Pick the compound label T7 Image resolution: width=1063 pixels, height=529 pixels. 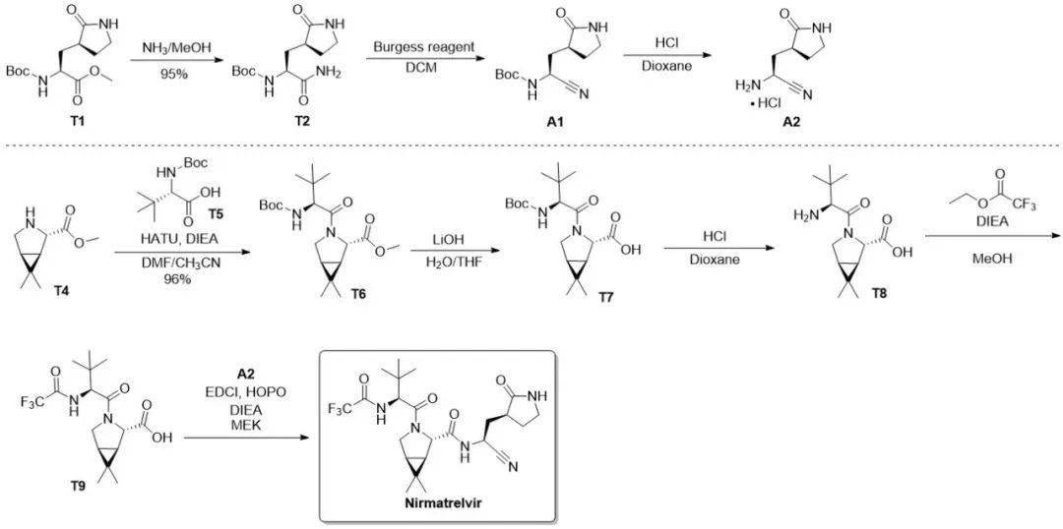coord(605,297)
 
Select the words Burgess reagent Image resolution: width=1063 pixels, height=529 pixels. coord(423,46)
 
